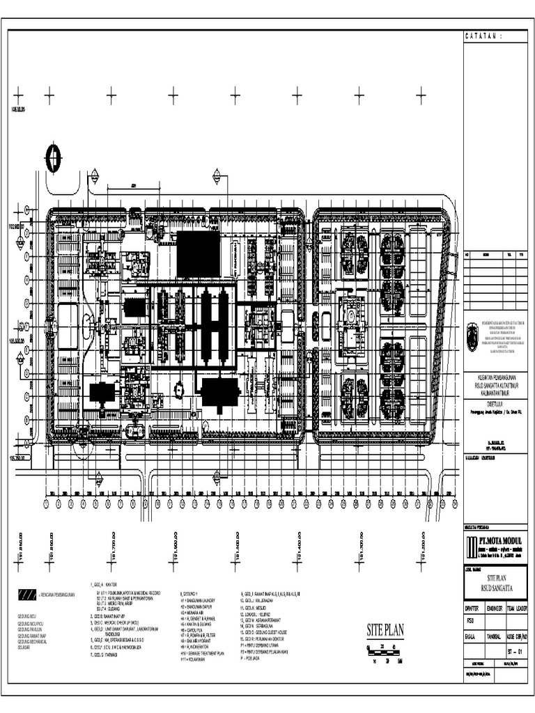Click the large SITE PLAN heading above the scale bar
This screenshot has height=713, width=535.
coord(385,631)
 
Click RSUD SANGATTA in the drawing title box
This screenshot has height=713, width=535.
coord(495,588)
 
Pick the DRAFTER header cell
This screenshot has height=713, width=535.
coord(473,608)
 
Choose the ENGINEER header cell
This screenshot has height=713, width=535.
coord(496,608)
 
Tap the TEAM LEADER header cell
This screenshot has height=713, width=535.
coord(517,608)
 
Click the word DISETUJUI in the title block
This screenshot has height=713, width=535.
coord(495,402)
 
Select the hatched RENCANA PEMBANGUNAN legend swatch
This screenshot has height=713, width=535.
coord(26,594)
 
